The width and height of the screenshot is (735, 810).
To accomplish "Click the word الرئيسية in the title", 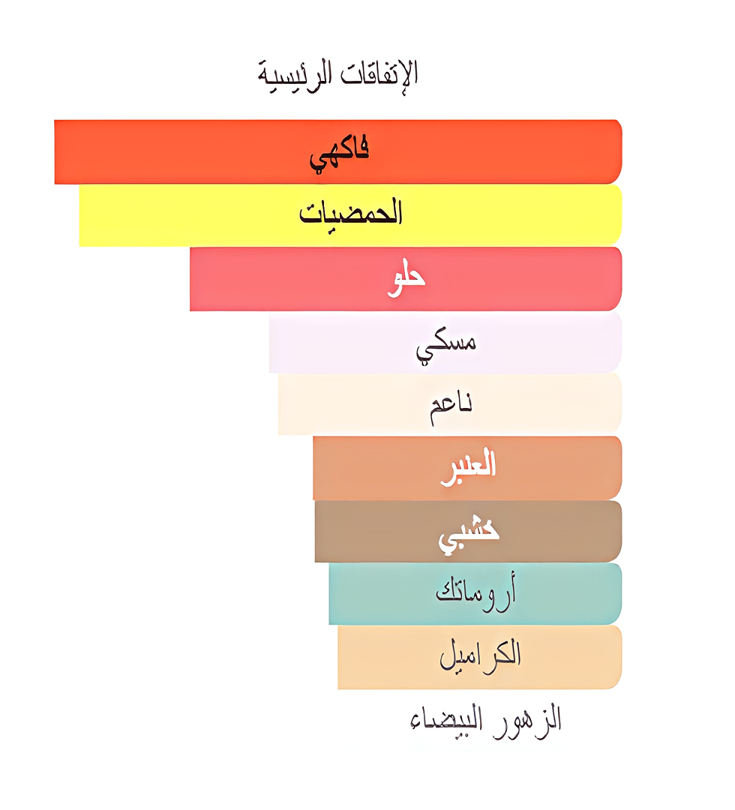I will [299, 73].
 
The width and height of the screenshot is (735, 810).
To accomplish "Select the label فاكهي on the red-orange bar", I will [340, 152].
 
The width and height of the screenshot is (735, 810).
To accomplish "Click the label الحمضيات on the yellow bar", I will [351, 214].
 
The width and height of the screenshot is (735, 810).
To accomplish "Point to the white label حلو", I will [406, 279].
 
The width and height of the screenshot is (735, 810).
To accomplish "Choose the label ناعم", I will [450, 406].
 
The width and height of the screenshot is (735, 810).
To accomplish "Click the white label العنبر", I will [467, 466].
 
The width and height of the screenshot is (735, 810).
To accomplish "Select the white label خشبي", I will [469, 531].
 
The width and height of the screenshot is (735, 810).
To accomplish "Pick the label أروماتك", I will [475, 593].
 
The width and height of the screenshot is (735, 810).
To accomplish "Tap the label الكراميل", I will [480, 656].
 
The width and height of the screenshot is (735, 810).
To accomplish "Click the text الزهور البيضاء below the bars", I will [486, 720].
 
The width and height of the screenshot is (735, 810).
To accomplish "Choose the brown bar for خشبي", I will [375, 531].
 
